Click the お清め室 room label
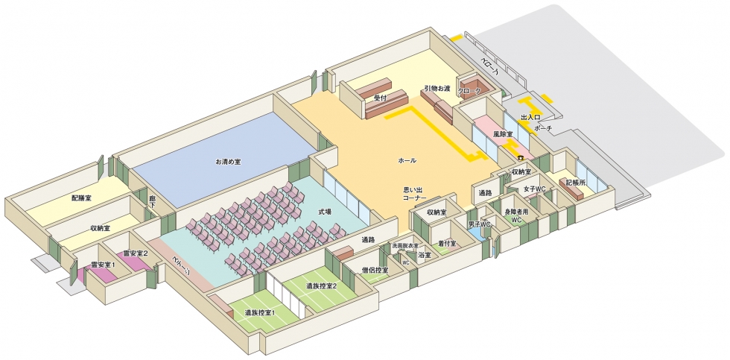228,161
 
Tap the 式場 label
325,212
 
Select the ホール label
407,161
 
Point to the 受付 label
380,98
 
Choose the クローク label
469,91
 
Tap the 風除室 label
504,134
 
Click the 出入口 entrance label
530,118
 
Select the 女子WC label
535,189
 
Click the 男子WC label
478,224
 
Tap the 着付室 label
447,242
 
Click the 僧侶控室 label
375,270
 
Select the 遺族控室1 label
261,312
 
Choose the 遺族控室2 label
322,285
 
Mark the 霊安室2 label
136,253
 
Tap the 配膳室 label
82,199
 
